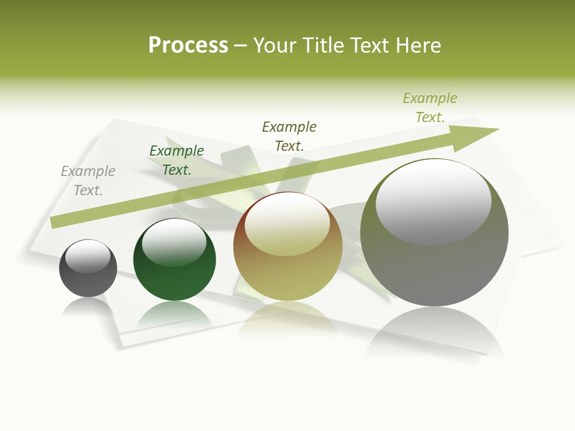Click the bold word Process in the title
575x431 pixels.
point(188,45)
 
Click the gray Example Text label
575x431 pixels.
point(88,181)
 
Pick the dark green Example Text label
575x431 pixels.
point(177,160)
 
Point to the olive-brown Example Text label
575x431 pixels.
point(289,136)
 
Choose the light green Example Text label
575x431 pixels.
point(430,108)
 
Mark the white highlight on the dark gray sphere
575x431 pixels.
point(88,256)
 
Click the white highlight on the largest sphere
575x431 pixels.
point(433,201)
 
